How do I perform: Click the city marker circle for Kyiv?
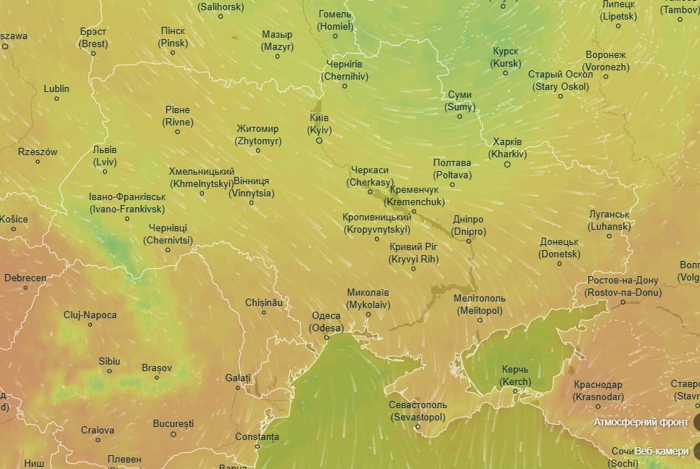pyautogui.click(x=319, y=141)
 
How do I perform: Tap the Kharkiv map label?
pyautogui.click(x=507, y=148)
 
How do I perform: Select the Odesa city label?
pyautogui.click(x=326, y=322)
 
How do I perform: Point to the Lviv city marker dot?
pyautogui.click(x=105, y=172)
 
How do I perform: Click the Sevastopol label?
pyautogui.click(x=418, y=411)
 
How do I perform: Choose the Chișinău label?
pyautogui.click(x=263, y=302)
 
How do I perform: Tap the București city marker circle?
pyautogui.click(x=173, y=434)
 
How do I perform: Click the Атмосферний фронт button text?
pyautogui.click(x=641, y=422)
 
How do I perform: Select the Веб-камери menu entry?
pyautogui.click(x=662, y=451)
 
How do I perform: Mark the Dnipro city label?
pyautogui.click(x=467, y=225)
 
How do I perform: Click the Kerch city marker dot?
pyautogui.click(x=516, y=391)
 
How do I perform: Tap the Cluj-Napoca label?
pyautogui.click(x=90, y=315)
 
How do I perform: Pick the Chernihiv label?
pyautogui.click(x=345, y=70)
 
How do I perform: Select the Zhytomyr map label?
pyautogui.click(x=258, y=135)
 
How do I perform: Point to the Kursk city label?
pyautogui.click(x=506, y=58)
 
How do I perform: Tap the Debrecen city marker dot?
pyautogui.click(x=25, y=288)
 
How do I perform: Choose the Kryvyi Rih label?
pyautogui.click(x=413, y=253)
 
